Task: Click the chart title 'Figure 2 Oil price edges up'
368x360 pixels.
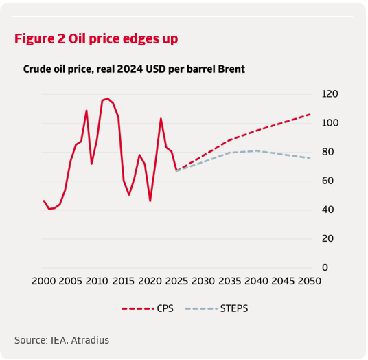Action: coord(96,39)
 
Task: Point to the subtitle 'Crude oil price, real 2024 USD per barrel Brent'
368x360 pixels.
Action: coord(134,69)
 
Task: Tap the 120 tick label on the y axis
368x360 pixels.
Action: coord(330,94)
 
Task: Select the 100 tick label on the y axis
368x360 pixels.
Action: coord(330,123)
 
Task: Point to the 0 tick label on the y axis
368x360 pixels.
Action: coord(325,267)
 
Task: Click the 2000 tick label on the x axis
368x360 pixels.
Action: coord(43,282)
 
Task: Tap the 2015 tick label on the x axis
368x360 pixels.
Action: coord(123,282)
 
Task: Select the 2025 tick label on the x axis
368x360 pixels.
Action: coord(176,282)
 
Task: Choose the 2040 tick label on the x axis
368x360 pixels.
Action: coord(256,282)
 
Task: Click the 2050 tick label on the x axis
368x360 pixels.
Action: coord(310,282)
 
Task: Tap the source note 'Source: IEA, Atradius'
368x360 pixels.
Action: coord(62,339)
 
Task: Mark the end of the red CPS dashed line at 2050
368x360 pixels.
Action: coord(310,114)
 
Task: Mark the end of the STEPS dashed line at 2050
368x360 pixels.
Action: coord(310,158)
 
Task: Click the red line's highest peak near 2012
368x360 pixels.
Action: coord(108,98)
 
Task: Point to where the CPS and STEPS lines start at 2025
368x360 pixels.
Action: coord(176,170)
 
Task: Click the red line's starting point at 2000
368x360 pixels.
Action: coord(43,201)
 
